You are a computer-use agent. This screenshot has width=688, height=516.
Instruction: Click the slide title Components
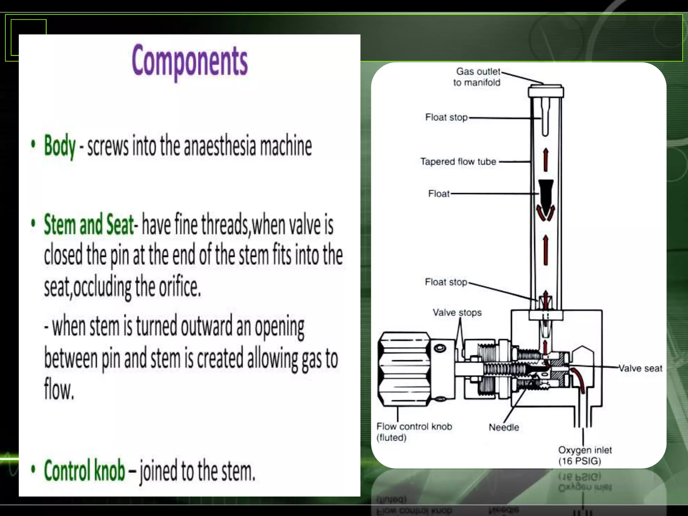point(190,61)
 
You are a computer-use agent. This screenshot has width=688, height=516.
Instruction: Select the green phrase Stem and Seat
point(89,224)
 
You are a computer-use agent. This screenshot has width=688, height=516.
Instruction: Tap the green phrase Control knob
point(85,470)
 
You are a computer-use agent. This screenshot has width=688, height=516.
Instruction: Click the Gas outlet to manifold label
point(477,77)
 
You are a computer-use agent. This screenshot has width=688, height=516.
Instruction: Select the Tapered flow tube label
point(458,162)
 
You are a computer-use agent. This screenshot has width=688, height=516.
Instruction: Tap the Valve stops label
point(457,313)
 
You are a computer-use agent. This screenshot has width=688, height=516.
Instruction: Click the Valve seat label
point(640,369)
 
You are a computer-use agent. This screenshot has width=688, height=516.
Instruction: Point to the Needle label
point(504,427)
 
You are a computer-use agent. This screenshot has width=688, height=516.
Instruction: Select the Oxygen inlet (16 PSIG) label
point(585,455)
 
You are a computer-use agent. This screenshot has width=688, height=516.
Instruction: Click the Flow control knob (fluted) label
point(414,432)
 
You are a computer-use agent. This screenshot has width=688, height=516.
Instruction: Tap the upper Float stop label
point(446,117)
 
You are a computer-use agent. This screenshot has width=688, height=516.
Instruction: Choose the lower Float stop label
point(446,282)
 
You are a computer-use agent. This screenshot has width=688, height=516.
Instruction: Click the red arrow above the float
point(546,160)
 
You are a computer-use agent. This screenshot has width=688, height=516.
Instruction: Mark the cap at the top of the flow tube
point(546,91)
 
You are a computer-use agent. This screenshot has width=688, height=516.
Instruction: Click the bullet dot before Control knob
point(33,469)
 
